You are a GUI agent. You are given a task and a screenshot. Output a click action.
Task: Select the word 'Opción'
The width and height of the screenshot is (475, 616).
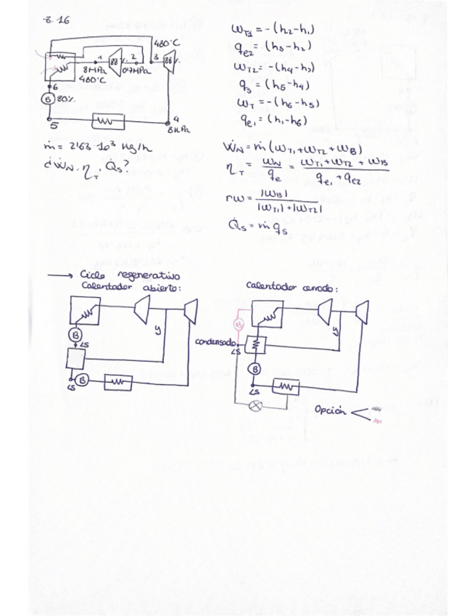pyautogui.click(x=333, y=412)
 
